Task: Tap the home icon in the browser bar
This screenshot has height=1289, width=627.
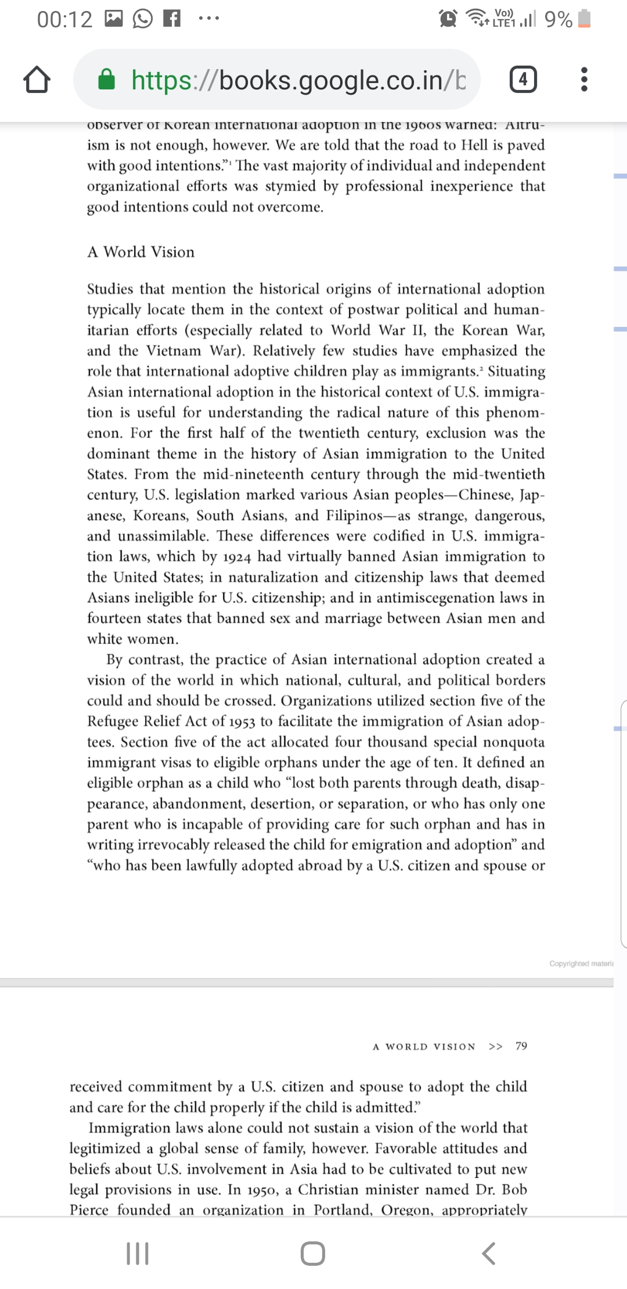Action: coord(37,80)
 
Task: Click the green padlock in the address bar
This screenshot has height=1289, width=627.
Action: coord(106,80)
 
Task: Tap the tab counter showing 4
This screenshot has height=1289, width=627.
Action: coord(522,79)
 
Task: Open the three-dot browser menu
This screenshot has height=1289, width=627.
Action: coord(584,79)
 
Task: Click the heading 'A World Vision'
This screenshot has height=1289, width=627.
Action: coord(141,252)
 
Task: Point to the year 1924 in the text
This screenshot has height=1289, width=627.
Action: coord(237,557)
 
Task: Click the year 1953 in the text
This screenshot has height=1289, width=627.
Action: coord(242,722)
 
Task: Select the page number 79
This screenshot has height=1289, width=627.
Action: coord(521,1046)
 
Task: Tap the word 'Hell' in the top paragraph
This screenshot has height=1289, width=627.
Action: coord(475,145)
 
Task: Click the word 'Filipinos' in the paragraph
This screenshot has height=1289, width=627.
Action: coord(354,516)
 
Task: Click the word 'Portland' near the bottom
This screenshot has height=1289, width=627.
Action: coord(343,1210)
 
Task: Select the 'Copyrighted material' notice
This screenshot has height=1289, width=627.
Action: coord(581,964)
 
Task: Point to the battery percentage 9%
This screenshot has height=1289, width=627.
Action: coord(558,20)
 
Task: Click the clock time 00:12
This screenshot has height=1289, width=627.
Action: coord(64,20)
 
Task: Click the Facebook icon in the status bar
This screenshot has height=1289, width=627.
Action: coord(171,19)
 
